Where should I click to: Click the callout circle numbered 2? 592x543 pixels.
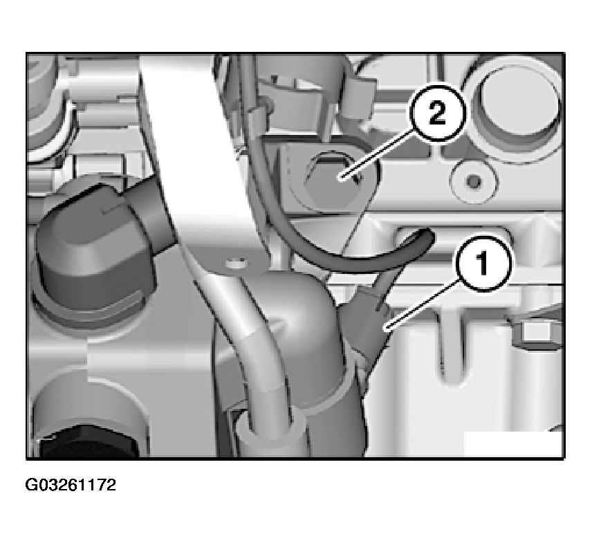click(x=438, y=113)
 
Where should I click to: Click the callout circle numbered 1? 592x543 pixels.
click(x=483, y=263)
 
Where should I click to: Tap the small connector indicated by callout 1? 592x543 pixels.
click(x=364, y=324)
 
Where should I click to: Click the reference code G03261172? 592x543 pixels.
click(x=71, y=485)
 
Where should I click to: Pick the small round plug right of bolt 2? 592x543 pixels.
click(x=472, y=181)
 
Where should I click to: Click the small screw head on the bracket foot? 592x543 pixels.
click(x=236, y=263)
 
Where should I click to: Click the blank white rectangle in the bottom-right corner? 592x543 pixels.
click(x=512, y=444)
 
